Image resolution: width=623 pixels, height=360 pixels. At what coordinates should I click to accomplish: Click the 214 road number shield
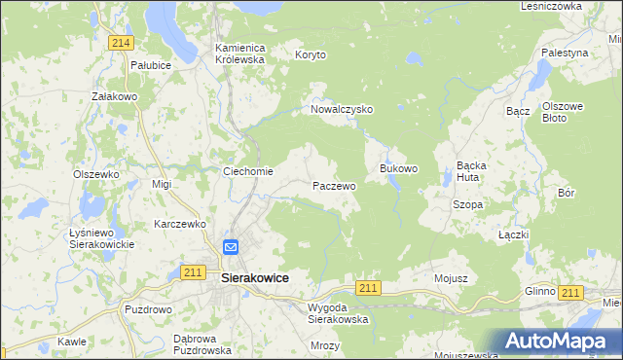121,43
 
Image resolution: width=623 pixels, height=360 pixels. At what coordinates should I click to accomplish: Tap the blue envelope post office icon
231,247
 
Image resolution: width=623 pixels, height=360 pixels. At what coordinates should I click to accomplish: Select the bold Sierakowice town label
255,277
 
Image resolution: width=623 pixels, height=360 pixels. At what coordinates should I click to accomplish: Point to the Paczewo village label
334,185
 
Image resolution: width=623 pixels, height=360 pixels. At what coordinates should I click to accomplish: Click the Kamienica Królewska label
240,53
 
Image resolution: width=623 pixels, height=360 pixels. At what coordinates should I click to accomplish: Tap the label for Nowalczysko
342,110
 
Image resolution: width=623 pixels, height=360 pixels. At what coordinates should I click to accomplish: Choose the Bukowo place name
398,168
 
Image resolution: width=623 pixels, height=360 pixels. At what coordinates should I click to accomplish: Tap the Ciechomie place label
249,171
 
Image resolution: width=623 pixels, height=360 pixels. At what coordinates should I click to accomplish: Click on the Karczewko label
182,224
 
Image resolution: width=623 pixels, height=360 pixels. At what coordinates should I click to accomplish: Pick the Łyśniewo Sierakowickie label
101,238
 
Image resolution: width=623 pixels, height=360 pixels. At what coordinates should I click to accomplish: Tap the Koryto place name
311,55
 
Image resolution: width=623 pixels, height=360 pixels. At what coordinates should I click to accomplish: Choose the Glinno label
539,291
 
